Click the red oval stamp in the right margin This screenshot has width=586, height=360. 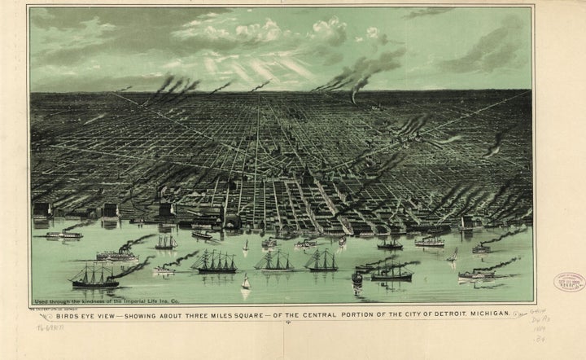[x=569, y=283]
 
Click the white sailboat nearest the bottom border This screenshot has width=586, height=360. [x=245, y=283]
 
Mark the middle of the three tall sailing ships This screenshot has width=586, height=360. [x=274, y=261]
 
